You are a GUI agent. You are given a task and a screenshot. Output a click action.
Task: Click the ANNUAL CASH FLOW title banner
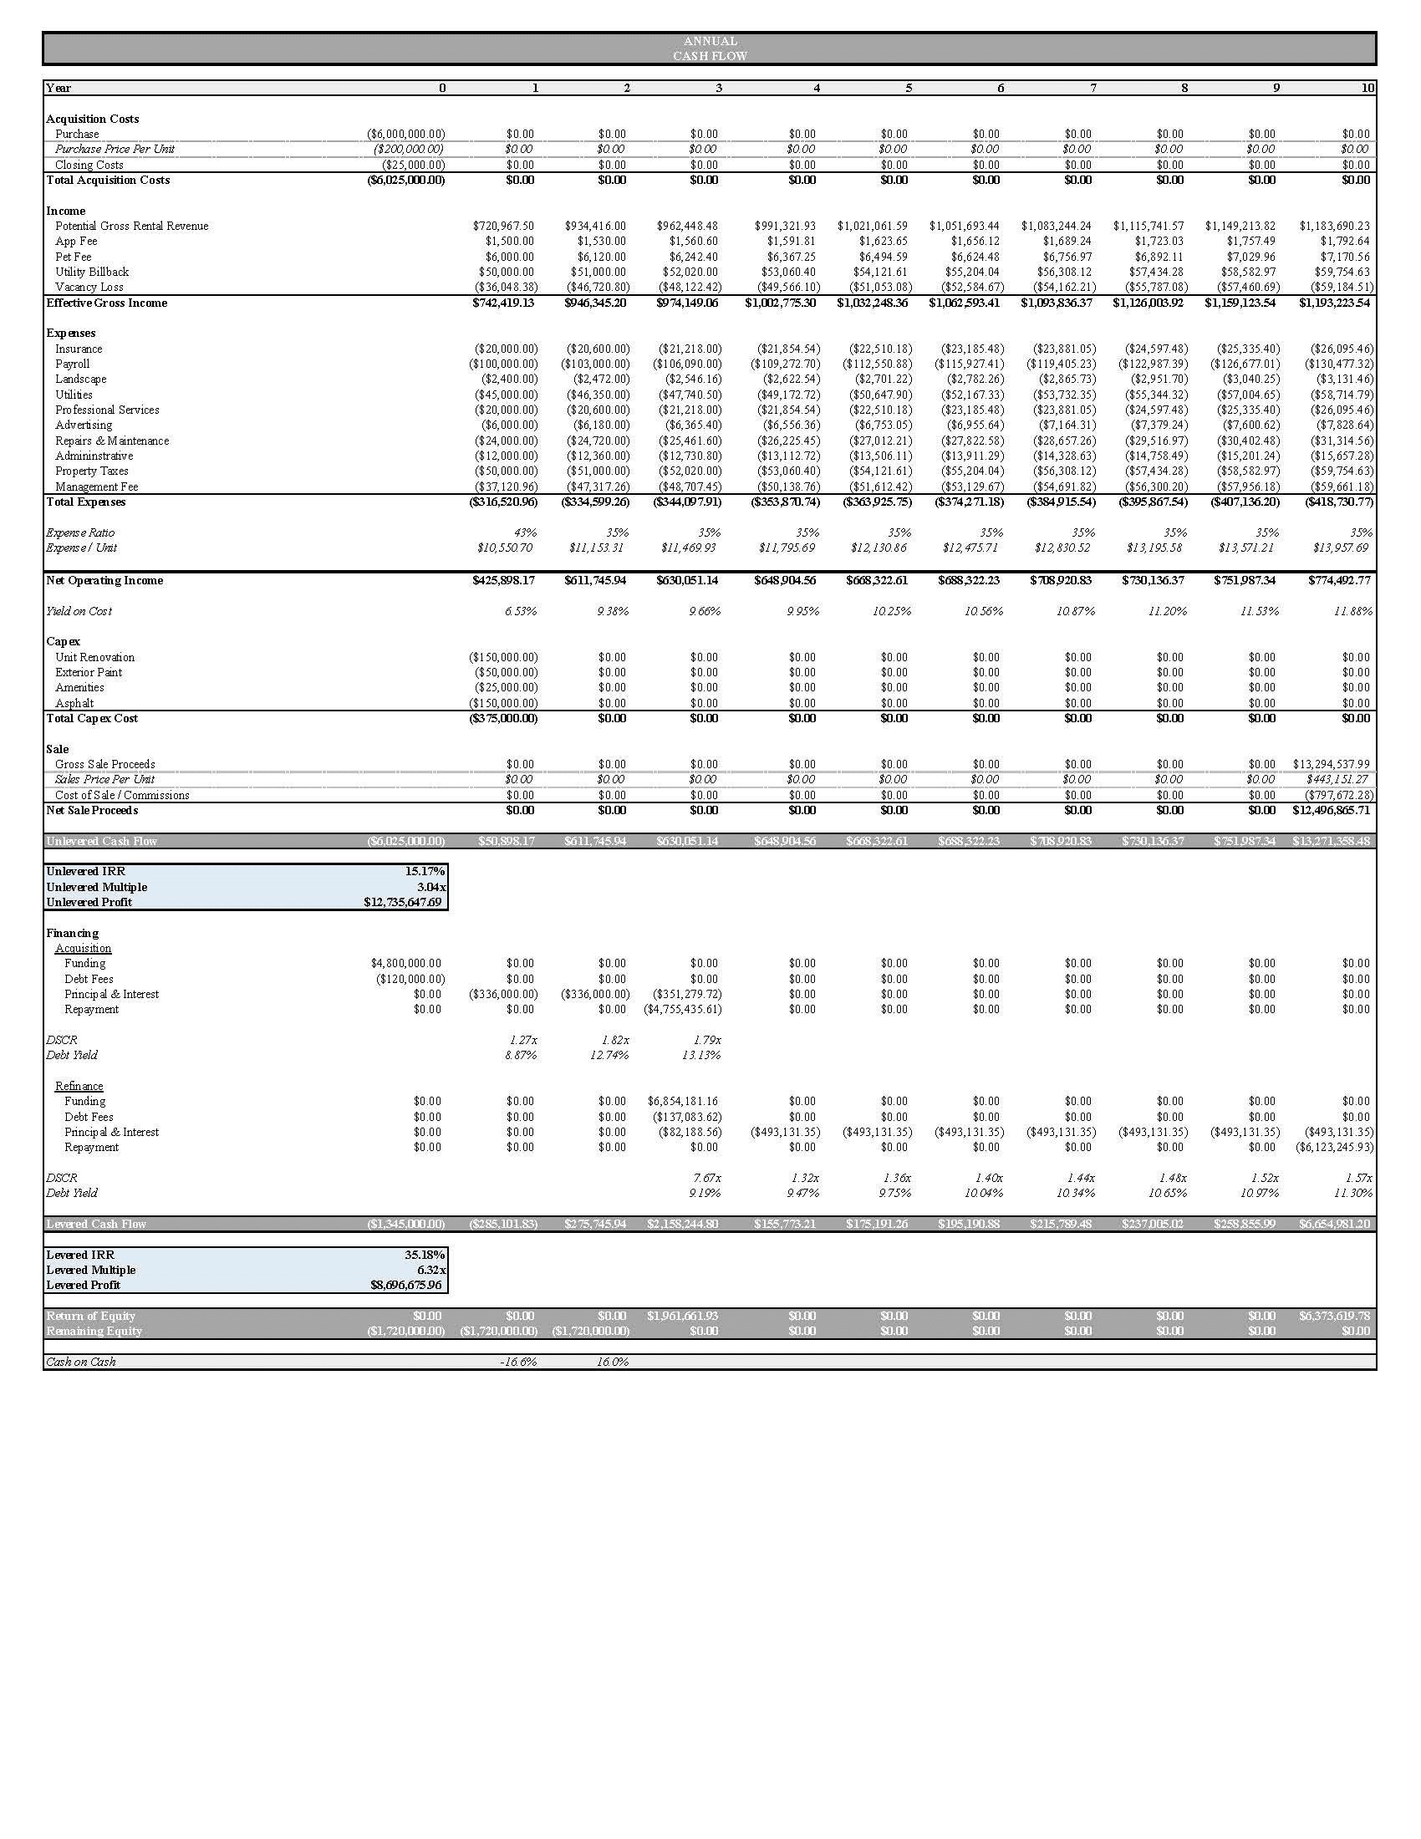point(710,48)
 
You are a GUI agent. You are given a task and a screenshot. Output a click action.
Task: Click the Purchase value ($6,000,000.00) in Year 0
point(405,134)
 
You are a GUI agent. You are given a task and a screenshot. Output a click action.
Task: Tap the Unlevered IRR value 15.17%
point(425,872)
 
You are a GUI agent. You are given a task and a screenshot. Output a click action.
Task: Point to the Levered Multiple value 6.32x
point(431,1270)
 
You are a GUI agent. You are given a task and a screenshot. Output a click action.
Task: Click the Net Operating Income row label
point(104,580)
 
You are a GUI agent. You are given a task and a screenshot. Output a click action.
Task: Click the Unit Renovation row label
point(94,657)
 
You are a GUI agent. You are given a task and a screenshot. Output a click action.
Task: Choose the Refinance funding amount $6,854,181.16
point(683,1101)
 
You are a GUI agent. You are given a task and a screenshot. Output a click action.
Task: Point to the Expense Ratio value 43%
point(524,532)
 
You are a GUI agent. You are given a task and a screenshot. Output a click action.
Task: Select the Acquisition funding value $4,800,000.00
point(405,962)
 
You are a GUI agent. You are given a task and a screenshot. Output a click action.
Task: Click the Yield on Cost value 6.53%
point(520,611)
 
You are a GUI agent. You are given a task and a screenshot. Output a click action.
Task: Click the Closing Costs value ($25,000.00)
point(412,165)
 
